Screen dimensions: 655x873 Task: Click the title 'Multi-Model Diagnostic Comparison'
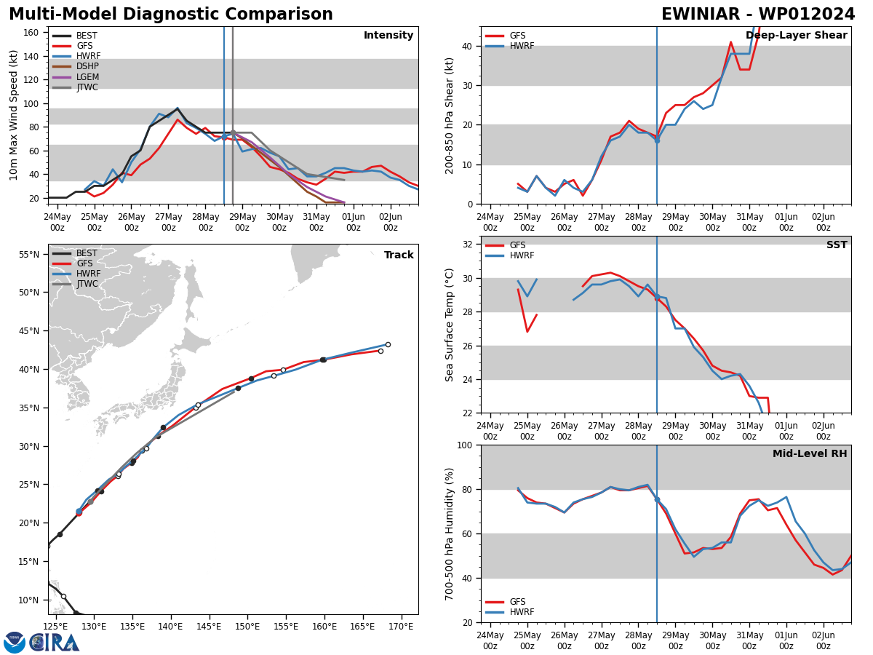[x=170, y=15]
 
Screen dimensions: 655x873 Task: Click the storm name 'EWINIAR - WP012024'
[x=758, y=15]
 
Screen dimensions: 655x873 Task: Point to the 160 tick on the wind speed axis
[x=31, y=33]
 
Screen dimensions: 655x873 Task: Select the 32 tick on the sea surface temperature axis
[x=469, y=245]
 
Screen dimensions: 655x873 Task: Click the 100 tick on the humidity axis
[x=464, y=445]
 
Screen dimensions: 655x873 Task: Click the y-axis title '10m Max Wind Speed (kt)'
[x=14, y=115]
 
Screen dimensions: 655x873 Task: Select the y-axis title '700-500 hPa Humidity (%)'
[x=450, y=533]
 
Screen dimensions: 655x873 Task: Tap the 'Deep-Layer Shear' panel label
[x=796, y=36]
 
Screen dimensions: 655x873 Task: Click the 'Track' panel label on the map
[x=399, y=255]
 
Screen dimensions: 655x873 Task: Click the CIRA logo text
[x=55, y=642]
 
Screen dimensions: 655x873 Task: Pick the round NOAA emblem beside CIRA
[x=15, y=643]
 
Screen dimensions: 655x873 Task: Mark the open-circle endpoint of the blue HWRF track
[x=388, y=345]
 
